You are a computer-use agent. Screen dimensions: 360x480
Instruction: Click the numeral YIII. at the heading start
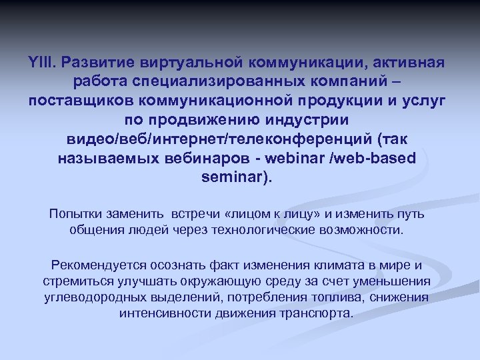coord(45,63)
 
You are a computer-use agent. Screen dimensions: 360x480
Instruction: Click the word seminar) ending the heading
coord(236,179)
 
